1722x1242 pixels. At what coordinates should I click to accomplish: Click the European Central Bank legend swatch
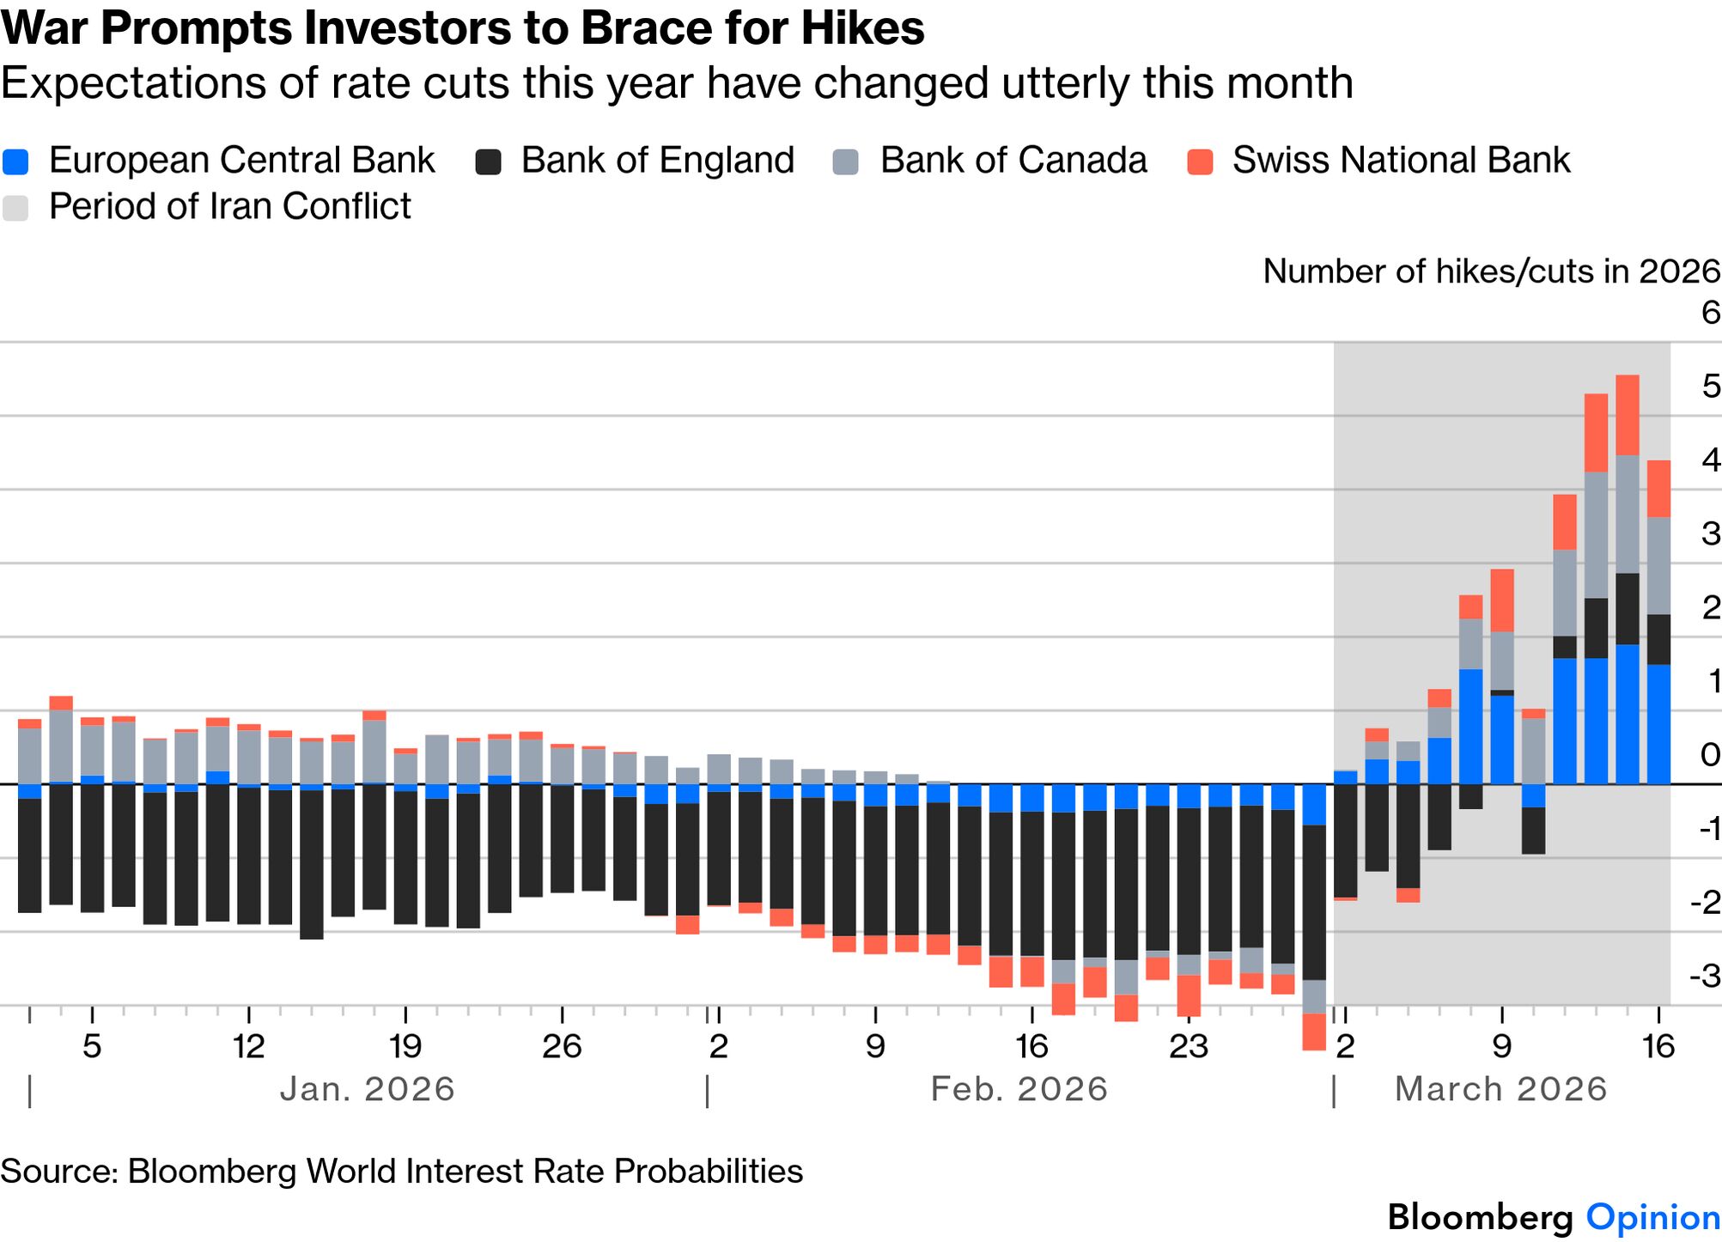(16, 161)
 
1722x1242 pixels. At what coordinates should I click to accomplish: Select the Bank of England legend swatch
(489, 161)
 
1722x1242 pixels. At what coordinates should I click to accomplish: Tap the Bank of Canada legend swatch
(846, 161)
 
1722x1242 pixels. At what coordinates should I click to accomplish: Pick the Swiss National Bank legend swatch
(1200, 161)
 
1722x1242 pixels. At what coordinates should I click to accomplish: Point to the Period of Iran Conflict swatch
(16, 208)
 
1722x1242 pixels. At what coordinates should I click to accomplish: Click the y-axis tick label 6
(1710, 313)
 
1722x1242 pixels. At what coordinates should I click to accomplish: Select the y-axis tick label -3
(1704, 977)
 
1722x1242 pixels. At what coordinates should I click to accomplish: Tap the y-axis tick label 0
(1710, 755)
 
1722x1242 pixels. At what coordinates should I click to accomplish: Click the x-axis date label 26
(562, 1046)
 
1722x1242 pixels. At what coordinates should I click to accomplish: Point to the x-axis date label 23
(1188, 1046)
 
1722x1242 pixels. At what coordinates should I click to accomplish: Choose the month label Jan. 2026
(367, 1089)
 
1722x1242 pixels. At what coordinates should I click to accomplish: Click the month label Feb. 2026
(1019, 1089)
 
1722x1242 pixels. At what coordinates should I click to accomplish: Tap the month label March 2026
(1500, 1089)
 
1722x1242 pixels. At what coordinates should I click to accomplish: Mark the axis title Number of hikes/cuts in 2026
(1491, 271)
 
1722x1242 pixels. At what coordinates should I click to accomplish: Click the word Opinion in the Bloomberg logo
(1652, 1217)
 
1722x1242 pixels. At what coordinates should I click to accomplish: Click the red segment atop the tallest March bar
(1628, 415)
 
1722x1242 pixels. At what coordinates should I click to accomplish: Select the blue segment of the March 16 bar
(1658, 724)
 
